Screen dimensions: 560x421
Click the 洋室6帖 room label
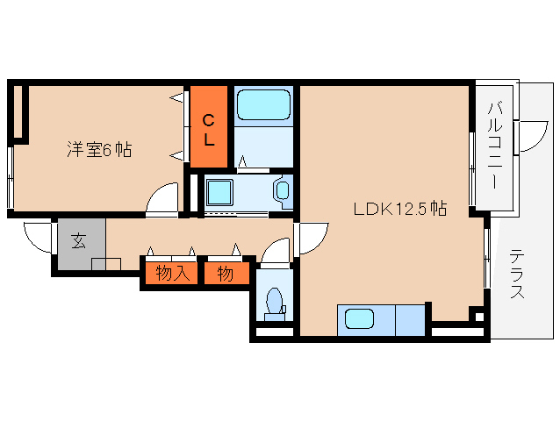pos(99,149)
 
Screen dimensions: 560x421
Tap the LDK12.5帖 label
pos(400,209)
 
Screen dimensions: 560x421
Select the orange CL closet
pos(209,126)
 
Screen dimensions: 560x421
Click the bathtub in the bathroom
pos(263,104)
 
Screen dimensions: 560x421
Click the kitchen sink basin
pos(359,318)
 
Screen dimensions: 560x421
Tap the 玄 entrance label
pos(79,240)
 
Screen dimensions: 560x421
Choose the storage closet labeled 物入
pos(172,274)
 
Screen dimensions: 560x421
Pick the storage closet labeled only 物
pos(226,274)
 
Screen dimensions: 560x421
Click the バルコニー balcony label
pos(495,146)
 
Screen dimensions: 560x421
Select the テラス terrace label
pos(517,274)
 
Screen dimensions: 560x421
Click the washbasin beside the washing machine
pos(283,190)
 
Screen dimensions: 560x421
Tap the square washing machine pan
pos(219,192)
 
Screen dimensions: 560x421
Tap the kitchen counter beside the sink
pos(410,320)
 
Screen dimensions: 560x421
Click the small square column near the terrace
pos(477,317)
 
